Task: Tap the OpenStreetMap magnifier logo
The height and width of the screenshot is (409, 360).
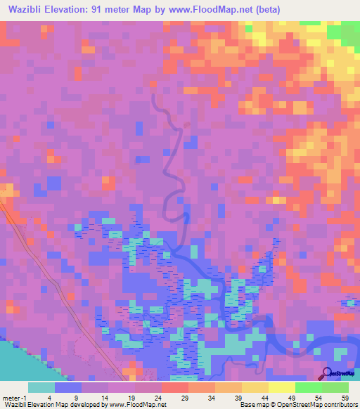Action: click(x=327, y=373)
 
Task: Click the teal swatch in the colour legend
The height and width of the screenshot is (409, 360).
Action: click(x=41, y=387)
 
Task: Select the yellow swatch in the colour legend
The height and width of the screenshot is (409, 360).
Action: click(x=281, y=387)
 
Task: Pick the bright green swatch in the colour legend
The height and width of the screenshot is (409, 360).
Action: click(x=308, y=387)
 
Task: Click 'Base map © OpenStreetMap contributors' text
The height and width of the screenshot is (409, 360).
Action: click(x=297, y=405)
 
